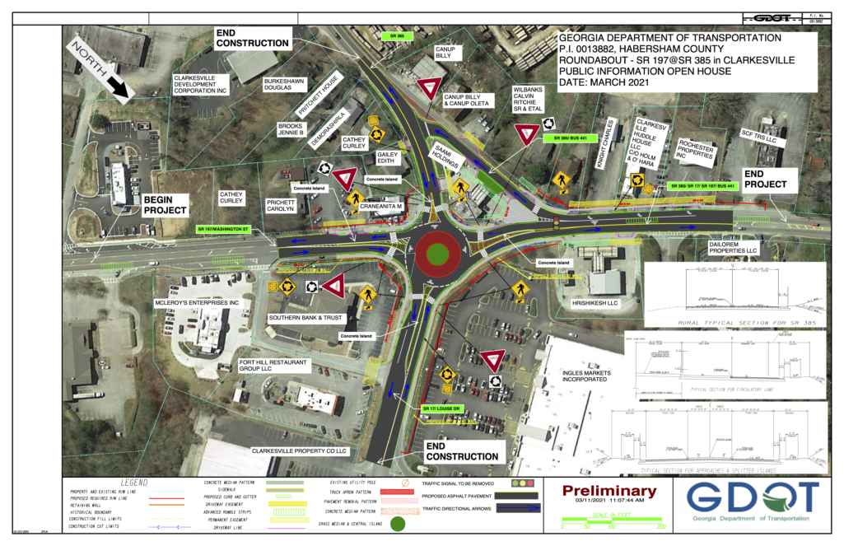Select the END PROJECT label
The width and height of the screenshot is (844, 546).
click(765, 180)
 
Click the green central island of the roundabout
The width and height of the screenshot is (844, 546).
click(436, 253)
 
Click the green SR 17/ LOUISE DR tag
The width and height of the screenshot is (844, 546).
click(444, 408)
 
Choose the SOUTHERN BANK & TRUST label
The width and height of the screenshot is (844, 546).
click(305, 318)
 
